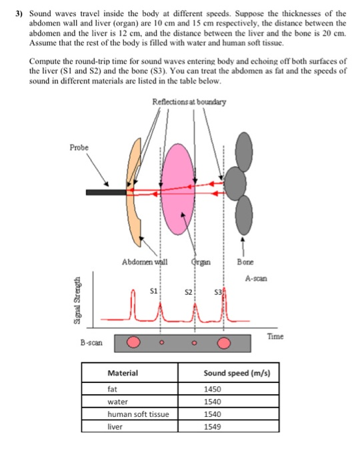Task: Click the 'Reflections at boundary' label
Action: pos(189,102)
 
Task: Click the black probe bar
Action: pos(106,192)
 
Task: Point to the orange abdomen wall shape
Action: pos(136,193)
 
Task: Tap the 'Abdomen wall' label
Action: pos(145,262)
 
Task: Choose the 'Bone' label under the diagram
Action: pos(245,262)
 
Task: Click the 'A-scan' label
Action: pos(257,278)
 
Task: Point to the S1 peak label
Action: pos(153,291)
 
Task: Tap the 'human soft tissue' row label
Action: pos(138,414)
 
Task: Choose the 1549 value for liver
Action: pos(213,425)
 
